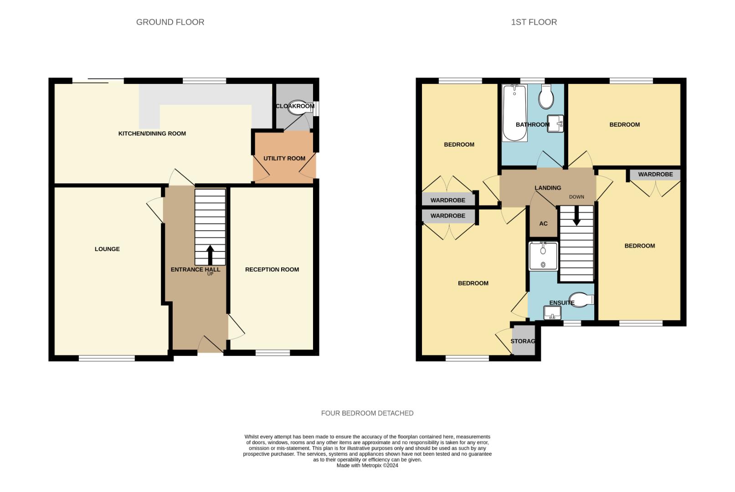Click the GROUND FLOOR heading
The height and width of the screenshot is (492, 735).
click(x=170, y=22)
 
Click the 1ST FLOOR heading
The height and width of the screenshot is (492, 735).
click(x=534, y=22)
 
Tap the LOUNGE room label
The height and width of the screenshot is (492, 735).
click(x=107, y=249)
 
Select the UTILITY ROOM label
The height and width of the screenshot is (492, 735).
click(x=284, y=159)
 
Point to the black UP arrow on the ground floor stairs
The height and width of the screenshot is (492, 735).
click(x=210, y=255)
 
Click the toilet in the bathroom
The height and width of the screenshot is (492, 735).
click(x=546, y=97)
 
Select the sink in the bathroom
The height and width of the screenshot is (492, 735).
click(x=555, y=123)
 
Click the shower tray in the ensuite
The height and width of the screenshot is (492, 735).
click(x=543, y=256)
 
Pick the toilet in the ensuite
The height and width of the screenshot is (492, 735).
click(x=581, y=300)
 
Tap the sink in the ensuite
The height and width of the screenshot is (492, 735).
click(x=553, y=313)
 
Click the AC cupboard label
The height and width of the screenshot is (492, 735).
click(x=543, y=224)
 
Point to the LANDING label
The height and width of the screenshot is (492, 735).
click(x=548, y=188)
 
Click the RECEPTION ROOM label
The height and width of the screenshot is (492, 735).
click(x=272, y=269)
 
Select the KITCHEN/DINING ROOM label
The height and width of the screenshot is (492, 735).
click(x=152, y=133)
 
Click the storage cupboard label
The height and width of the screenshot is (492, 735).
click(x=523, y=341)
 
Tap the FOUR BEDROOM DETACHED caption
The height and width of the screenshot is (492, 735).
click(x=367, y=413)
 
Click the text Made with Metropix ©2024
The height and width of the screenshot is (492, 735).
click(x=367, y=466)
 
